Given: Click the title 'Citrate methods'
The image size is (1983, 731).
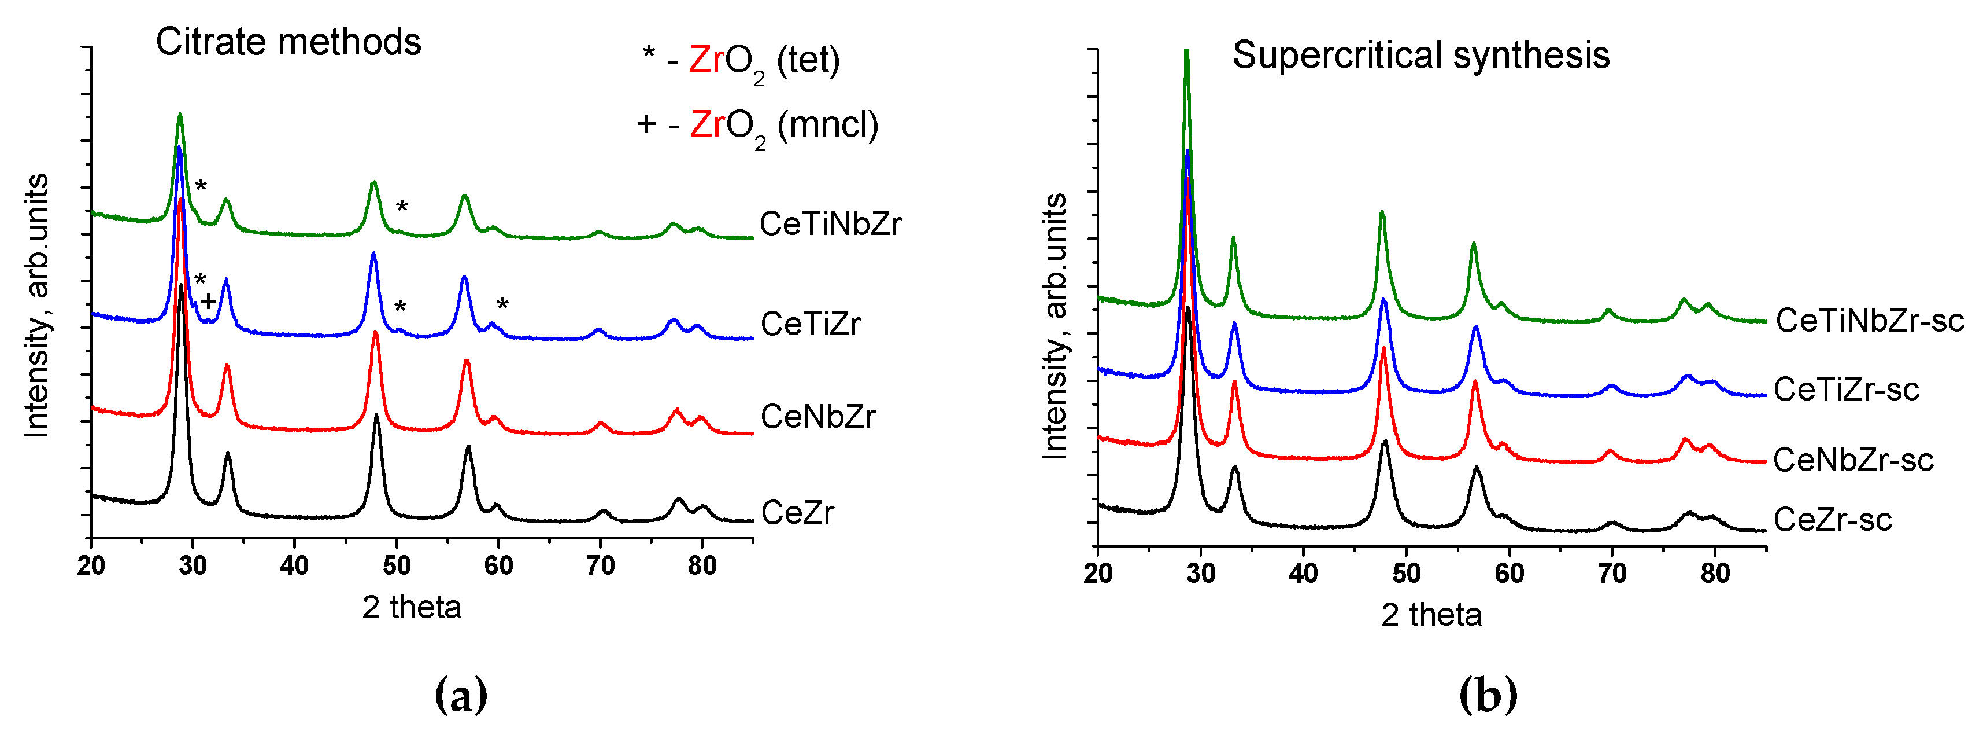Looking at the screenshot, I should (288, 42).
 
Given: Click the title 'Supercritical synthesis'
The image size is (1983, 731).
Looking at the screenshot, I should (1420, 56).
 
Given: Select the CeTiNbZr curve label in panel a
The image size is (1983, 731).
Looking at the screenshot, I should (830, 224).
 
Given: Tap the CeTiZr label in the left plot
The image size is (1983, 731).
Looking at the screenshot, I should (810, 324).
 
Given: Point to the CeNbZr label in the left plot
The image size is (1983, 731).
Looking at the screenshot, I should (817, 417).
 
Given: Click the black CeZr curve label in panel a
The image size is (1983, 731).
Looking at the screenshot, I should (797, 512).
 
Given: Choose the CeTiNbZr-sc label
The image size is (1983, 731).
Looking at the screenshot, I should (1869, 321).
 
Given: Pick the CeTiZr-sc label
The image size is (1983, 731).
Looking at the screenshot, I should (1846, 390).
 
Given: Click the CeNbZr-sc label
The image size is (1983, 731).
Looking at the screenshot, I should (1853, 460).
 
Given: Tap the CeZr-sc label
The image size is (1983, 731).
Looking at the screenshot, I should (1832, 520).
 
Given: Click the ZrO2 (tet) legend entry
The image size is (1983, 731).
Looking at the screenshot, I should (741, 61).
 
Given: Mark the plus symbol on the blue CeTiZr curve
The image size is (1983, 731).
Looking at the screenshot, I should (208, 301).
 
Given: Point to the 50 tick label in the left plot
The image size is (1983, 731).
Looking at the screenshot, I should (397, 566).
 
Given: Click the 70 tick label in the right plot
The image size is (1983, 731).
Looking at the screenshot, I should (1612, 574).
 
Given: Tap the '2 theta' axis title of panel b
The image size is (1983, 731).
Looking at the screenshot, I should (1430, 615).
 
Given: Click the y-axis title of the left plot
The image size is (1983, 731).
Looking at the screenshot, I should (36, 306).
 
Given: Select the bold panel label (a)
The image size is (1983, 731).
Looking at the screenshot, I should (460, 696).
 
